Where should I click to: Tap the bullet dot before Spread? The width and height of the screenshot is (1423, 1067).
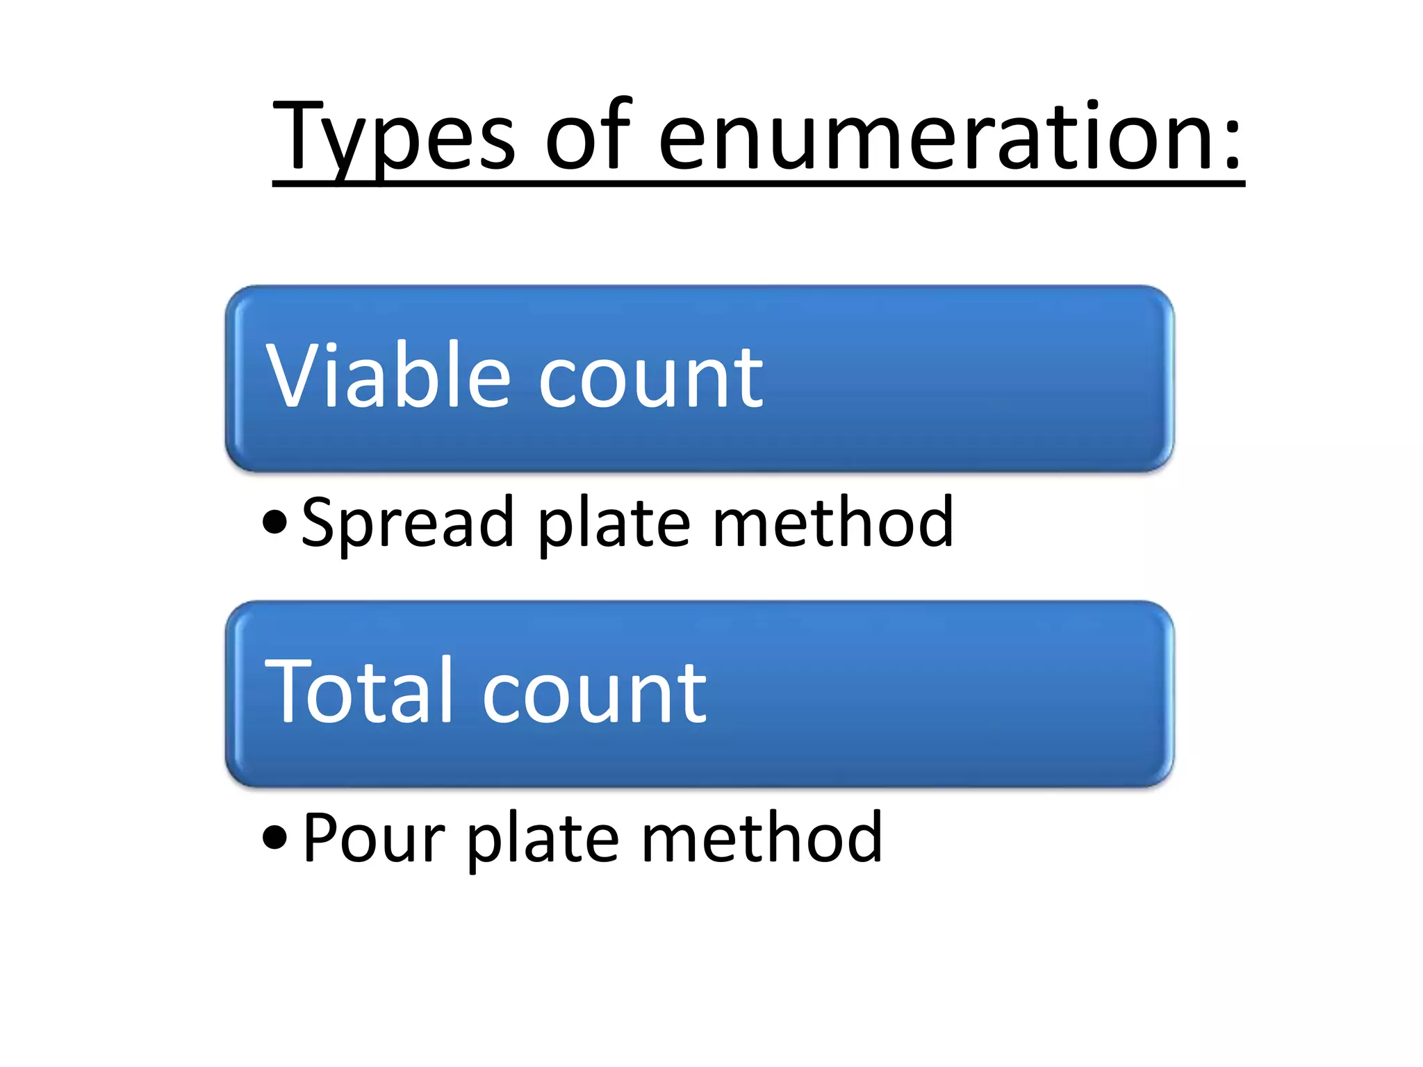pyautogui.click(x=275, y=522)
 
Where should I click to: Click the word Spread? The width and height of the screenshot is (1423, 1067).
pyautogui.click(x=407, y=522)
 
